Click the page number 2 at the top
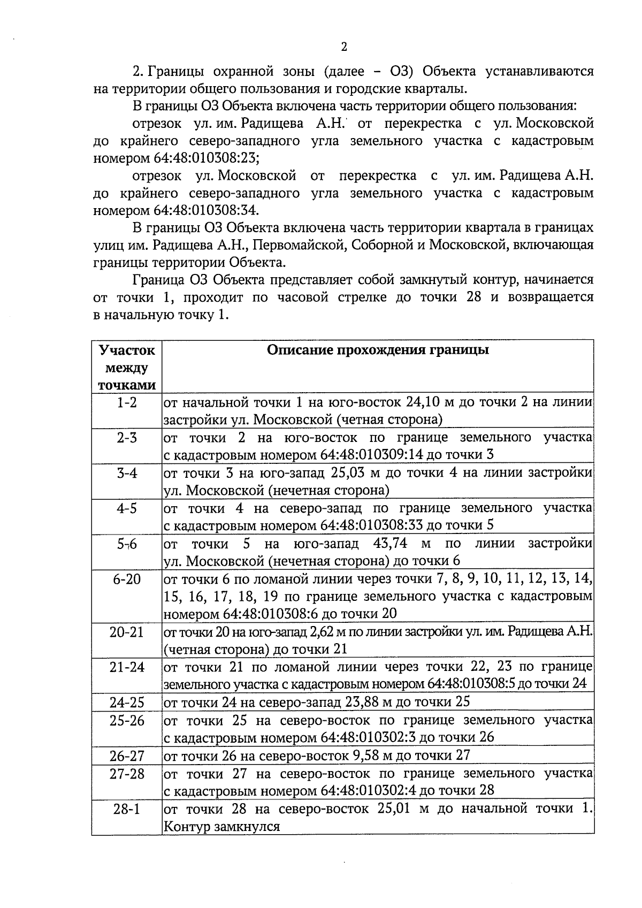[344, 47]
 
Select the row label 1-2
[127, 402]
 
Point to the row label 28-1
[127, 808]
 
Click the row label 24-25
[127, 702]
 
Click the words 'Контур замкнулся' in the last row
[221, 826]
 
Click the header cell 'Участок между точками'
[127, 368]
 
